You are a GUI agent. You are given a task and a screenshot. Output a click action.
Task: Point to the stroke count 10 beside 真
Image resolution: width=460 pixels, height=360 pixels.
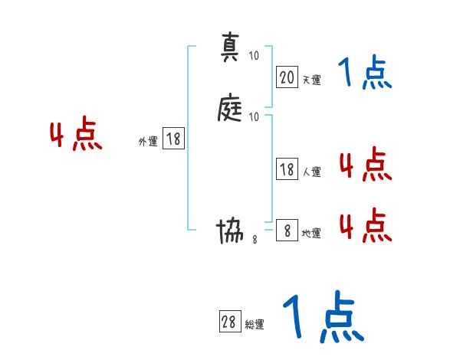[x=254, y=57]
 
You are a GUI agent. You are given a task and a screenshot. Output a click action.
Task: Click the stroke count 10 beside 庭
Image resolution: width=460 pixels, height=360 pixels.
[x=254, y=117]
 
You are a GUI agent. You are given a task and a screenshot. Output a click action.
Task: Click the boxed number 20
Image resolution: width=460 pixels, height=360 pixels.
[x=287, y=77]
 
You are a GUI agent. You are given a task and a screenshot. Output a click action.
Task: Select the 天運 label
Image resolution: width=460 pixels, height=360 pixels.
[x=311, y=80]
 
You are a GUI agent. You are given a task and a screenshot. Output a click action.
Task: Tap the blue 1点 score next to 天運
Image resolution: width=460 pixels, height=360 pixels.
[x=364, y=74]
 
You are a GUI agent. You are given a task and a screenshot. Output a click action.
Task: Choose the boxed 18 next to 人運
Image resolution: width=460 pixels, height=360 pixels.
[x=287, y=169]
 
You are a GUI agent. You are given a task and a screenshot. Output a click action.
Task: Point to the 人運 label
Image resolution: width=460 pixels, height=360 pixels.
[x=311, y=172]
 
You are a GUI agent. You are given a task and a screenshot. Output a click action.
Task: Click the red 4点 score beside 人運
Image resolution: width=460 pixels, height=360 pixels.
[x=365, y=165]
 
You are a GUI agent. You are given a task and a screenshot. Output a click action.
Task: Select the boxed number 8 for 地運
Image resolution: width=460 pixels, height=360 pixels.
[x=287, y=231]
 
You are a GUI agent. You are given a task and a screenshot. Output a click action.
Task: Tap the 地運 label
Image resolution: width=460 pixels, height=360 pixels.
[x=311, y=234]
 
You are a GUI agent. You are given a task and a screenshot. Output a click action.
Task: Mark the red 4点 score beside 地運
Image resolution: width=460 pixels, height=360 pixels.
[x=365, y=226]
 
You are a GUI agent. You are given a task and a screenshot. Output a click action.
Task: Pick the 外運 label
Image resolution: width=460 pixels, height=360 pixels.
[x=148, y=142]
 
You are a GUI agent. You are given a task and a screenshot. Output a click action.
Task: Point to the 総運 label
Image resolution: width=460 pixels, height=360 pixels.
[x=255, y=325]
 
